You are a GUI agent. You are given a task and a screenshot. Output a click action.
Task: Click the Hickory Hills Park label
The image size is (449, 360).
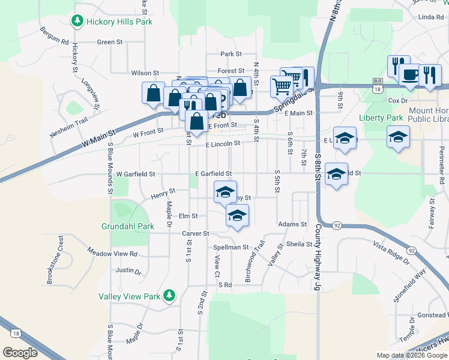coord(119,22)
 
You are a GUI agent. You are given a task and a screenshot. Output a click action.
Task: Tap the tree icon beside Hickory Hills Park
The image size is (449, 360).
coord(77,22)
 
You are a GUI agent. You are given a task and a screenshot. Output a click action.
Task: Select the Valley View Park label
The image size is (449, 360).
coord(129,296)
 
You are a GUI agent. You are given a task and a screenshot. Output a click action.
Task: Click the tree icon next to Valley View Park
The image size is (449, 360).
coord(170,295)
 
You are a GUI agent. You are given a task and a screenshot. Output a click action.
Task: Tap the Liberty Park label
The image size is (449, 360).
coord(381,118)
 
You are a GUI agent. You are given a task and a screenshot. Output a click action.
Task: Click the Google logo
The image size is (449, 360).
coord(20,353)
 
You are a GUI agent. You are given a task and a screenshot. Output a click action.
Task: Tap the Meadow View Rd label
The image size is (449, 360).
coord(112,253)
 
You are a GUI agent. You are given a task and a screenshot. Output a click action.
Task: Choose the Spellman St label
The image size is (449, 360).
coord(231,247)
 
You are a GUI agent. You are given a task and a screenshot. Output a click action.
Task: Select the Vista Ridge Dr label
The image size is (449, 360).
coord(391,252)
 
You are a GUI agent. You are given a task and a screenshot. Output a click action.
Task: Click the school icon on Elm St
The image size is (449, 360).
coord(238,215)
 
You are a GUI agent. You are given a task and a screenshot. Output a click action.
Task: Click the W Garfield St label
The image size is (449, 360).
coord(136,174)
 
